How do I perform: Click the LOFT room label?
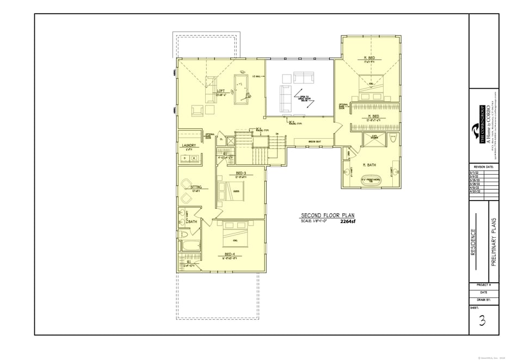click(x=221, y=91)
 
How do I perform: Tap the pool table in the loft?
click(x=240, y=89)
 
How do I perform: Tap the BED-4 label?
click(x=230, y=254)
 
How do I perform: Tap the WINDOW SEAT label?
click(x=314, y=142)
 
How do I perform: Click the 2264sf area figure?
click(x=347, y=222)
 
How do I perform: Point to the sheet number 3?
click(x=482, y=321)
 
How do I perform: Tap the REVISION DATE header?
click(x=484, y=167)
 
